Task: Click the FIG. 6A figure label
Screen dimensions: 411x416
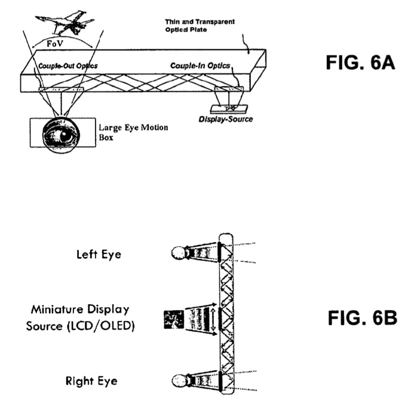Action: [360, 63]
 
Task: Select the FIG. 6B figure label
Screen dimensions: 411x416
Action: [362, 318]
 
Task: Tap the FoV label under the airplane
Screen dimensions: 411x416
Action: [54, 44]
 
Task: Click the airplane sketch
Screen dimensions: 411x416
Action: [66, 23]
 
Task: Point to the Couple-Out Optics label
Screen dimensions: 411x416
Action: [68, 66]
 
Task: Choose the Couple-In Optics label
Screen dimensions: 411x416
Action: [200, 66]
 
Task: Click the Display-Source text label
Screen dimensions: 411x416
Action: [226, 119]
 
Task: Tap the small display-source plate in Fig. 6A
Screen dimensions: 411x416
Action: [229, 109]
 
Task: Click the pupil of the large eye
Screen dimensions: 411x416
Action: [64, 136]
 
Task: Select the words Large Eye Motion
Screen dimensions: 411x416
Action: [133, 128]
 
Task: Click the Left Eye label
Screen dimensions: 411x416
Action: [99, 255]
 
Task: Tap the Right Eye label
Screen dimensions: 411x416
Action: [91, 381]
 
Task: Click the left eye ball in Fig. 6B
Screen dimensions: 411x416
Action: [177, 253]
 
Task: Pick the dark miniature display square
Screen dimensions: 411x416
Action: [174, 319]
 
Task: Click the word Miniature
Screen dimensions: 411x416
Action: [57, 310]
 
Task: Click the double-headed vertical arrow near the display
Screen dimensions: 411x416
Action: [213, 320]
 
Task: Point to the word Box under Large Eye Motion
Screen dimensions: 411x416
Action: [106, 137]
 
